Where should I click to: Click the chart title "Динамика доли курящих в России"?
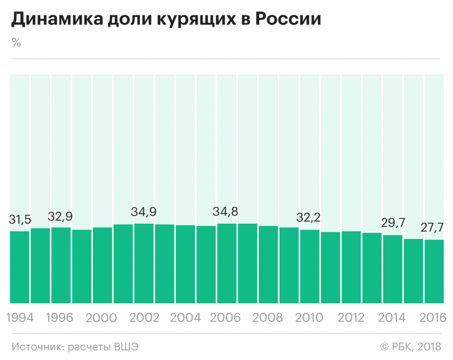coord(166,20)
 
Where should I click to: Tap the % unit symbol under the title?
coord(16,43)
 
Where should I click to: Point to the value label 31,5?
coord(20,220)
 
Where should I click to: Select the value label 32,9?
coord(61,216)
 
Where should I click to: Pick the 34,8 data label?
coord(227,212)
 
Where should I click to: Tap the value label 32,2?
coord(310,218)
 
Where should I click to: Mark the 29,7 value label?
coord(393,224)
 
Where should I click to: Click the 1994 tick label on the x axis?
coord(20,318)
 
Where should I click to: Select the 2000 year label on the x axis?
coord(102,318)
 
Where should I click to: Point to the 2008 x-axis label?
coord(267,318)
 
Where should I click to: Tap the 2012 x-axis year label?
coord(351,318)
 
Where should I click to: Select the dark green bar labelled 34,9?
coord(144,263)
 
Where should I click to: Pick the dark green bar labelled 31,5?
coord(20,267)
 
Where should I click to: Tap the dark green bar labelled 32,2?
coord(310,266)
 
